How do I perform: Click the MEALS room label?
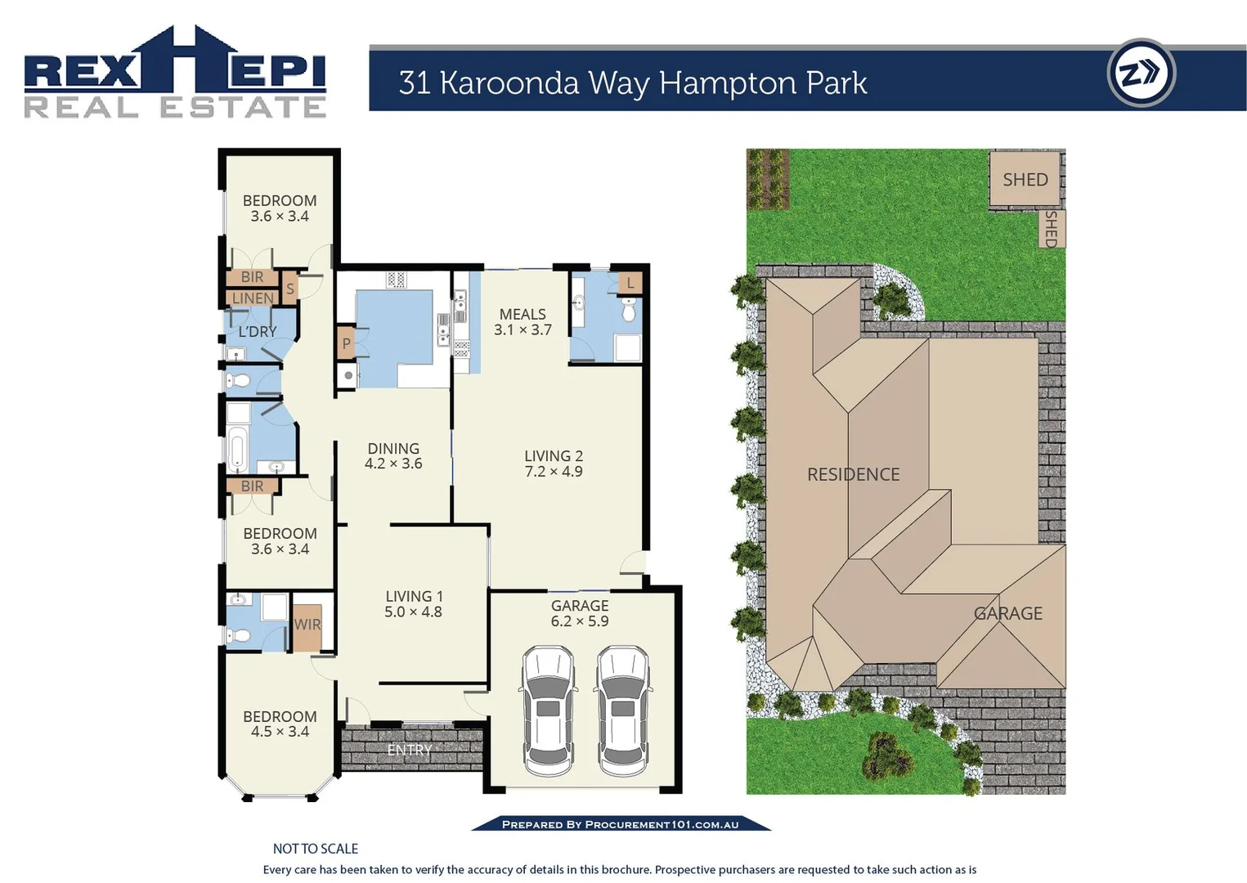523,314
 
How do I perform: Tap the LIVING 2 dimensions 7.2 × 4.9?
554,472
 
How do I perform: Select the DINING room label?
393,448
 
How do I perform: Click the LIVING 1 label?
414,597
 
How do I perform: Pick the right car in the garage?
622,710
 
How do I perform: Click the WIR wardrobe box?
307,625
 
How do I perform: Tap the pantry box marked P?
346,343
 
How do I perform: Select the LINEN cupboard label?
253,298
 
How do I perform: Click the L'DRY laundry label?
258,332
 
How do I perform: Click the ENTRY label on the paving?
409,750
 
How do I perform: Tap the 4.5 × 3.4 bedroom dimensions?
280,732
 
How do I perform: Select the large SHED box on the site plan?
1025,179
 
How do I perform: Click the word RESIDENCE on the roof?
853,474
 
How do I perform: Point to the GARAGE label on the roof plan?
1007,613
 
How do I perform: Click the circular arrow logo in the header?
1141,74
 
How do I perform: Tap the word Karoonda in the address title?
509,83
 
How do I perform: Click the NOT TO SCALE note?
316,849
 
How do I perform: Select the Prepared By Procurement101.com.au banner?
620,824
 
